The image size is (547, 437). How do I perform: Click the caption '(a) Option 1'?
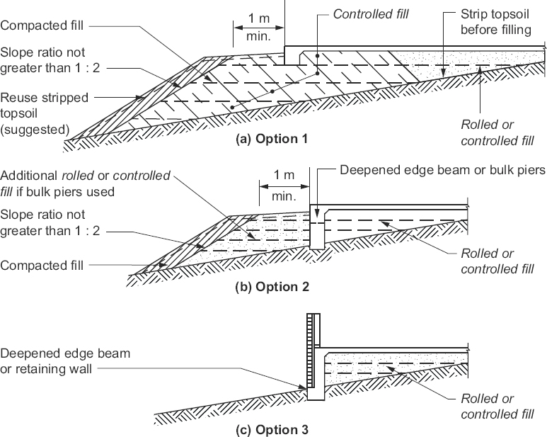click(272, 139)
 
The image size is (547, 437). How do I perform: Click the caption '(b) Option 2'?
click(272, 287)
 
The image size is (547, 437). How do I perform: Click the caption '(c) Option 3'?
click(272, 429)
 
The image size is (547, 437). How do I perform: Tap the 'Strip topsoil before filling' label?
click(495, 21)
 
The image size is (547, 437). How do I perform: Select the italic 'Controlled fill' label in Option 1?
click(371, 13)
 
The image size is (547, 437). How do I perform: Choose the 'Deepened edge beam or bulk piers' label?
click(443, 171)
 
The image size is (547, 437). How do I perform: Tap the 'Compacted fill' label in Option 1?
click(42, 25)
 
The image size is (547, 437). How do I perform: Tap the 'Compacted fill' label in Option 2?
click(42, 266)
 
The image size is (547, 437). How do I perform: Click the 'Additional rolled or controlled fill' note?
click(85, 183)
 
